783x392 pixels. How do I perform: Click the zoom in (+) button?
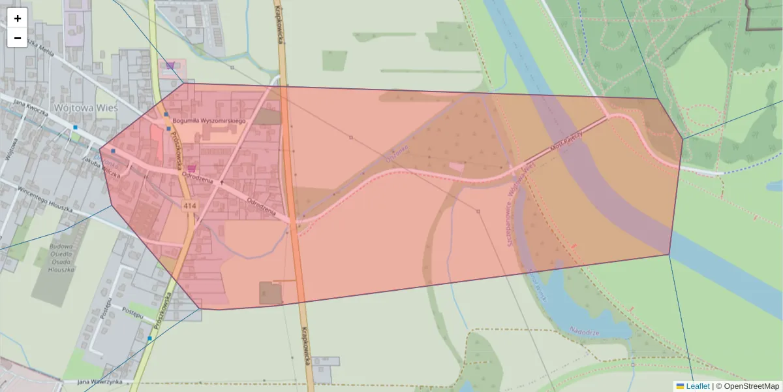pos(18,18)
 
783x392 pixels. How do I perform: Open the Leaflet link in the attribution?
pos(698,386)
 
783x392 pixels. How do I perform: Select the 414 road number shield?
pos(190,206)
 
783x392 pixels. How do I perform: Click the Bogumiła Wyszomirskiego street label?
pos(209,122)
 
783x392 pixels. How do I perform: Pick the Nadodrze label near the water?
pos(584,331)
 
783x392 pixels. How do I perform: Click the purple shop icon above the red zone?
pos(170,65)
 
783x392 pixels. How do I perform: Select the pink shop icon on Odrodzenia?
pos(191,168)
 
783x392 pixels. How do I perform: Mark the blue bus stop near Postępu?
pos(149,338)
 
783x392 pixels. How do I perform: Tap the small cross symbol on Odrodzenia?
pos(221,182)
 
